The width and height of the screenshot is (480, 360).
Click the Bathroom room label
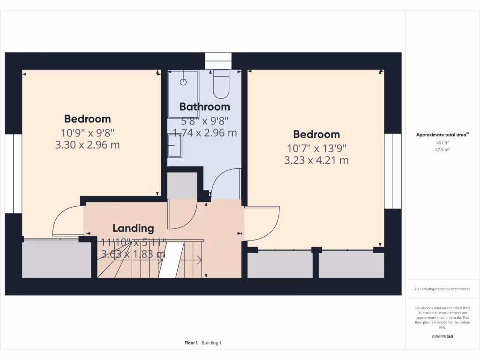[x=204, y=106]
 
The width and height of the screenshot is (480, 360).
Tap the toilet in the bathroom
[x=221, y=82]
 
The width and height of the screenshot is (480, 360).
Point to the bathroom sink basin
[x=175, y=145]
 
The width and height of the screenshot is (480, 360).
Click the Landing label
[x=133, y=228]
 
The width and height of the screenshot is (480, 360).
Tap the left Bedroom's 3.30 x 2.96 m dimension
[x=87, y=145]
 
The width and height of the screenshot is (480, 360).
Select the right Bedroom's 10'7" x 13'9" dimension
[x=316, y=149]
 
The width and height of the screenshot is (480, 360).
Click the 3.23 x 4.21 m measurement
[x=316, y=160]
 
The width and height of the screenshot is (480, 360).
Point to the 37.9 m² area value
[x=442, y=150]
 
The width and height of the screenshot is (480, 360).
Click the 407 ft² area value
[x=442, y=142]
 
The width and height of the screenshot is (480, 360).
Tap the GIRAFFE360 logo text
[x=442, y=337]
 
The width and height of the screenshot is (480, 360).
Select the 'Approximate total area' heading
[x=442, y=135]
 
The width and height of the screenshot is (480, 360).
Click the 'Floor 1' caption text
[x=191, y=343]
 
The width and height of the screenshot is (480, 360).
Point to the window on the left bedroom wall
[x=14, y=173]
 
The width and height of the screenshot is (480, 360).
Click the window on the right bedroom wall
[x=393, y=171]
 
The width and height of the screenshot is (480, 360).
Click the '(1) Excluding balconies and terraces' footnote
[x=442, y=289]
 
